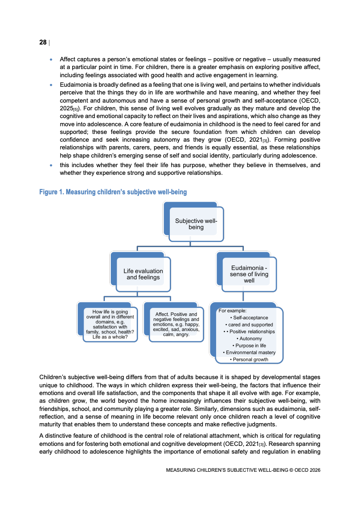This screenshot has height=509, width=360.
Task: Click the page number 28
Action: pos(43,43)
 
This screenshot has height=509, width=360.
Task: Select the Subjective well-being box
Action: pos(196,224)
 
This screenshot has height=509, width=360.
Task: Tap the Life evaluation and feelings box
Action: pos(143,274)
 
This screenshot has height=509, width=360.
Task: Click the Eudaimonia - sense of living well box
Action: pos(249,274)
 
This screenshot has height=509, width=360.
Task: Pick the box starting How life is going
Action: pos(110,325)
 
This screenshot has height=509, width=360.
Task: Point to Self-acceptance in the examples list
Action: pos(249,318)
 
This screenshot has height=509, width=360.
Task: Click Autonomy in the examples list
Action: pos(249,339)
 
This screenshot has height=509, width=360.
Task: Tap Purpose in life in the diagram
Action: pos(249,346)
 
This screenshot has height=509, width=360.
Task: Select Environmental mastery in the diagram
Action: pos(249,353)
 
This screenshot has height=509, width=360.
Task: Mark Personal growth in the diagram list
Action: pos(249,360)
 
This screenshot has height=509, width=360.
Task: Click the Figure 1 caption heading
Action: pos(113,193)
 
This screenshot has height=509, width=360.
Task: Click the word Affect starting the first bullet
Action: pos(68,59)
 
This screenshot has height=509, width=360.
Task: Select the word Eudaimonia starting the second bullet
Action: pos(75,85)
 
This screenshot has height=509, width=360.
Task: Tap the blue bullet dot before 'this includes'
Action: pos(51,166)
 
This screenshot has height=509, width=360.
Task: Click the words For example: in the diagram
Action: pos(232,311)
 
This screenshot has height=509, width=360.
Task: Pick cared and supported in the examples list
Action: pos(251,325)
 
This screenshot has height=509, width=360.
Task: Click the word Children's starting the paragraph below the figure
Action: pos(52,377)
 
